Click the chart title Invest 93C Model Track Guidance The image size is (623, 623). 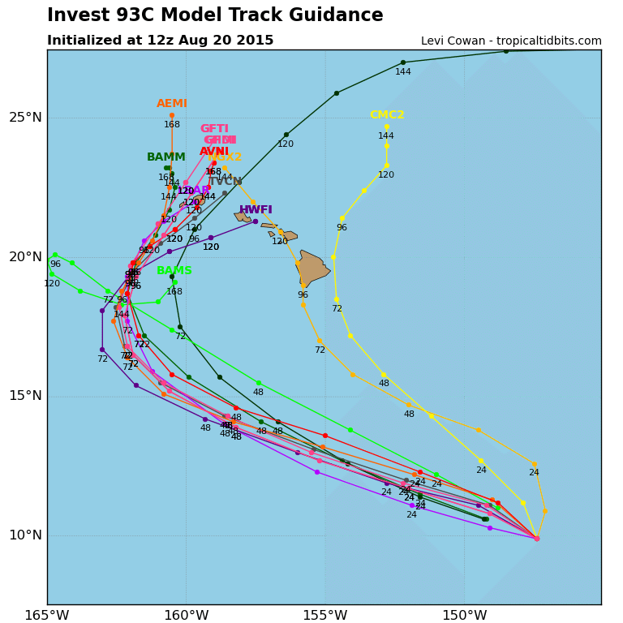pyautogui.click(x=215, y=15)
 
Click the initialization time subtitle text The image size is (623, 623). pyautogui.click(x=160, y=41)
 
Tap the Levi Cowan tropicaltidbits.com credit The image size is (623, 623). pyautogui.click(x=511, y=41)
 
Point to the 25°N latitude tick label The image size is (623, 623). pyautogui.click(x=25, y=118)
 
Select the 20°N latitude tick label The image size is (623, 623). pyautogui.click(x=25, y=257)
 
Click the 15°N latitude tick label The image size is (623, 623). pyautogui.click(x=25, y=396)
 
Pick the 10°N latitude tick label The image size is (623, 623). pyautogui.click(x=25, y=535)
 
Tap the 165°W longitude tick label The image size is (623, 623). pyautogui.click(x=46, y=616)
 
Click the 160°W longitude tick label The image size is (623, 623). pyautogui.click(x=186, y=616)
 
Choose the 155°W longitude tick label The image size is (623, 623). pyautogui.click(x=325, y=616)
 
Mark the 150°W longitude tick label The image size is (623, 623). pyautogui.click(x=464, y=616)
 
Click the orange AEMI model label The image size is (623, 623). pyautogui.click(x=172, y=104)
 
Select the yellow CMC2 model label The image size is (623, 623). pyautogui.click(x=387, y=115)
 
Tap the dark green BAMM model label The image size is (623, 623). pyautogui.click(x=166, y=157)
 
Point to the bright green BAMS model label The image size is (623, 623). pyautogui.click(x=174, y=271)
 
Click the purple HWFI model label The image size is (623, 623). pyautogui.click(x=256, y=210)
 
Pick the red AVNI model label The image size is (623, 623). pyautogui.click(x=214, y=152)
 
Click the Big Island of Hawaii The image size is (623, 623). pyautogui.click(x=312, y=269)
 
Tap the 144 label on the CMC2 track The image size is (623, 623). pyautogui.click(x=386, y=136)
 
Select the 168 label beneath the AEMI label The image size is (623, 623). pyautogui.click(x=172, y=125)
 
